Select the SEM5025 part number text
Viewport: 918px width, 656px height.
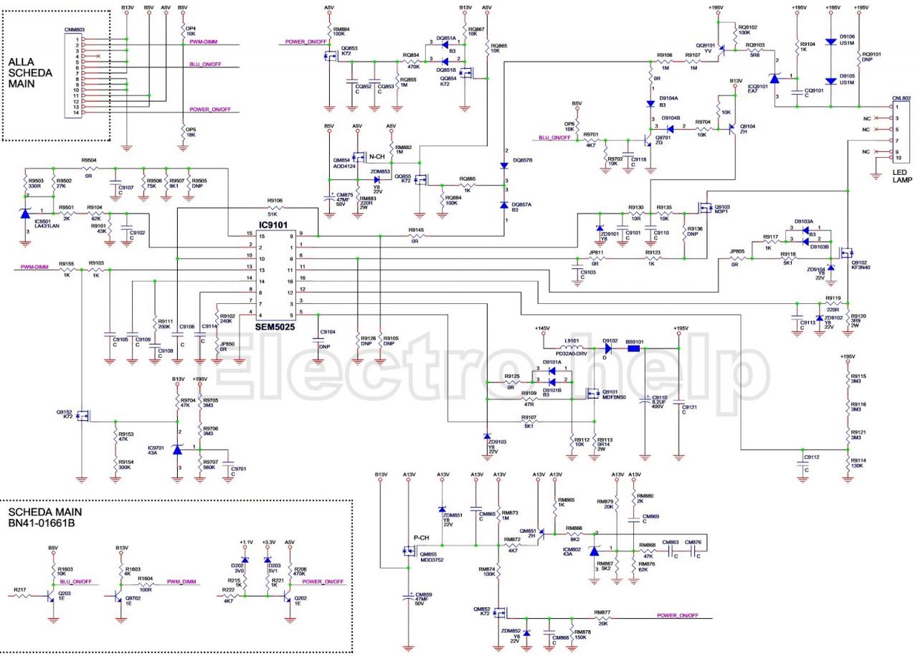[x=275, y=325]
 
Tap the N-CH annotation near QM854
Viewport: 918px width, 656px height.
[x=377, y=156]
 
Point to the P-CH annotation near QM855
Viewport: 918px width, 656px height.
[x=421, y=538]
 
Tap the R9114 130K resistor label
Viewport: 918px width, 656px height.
[x=858, y=463]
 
